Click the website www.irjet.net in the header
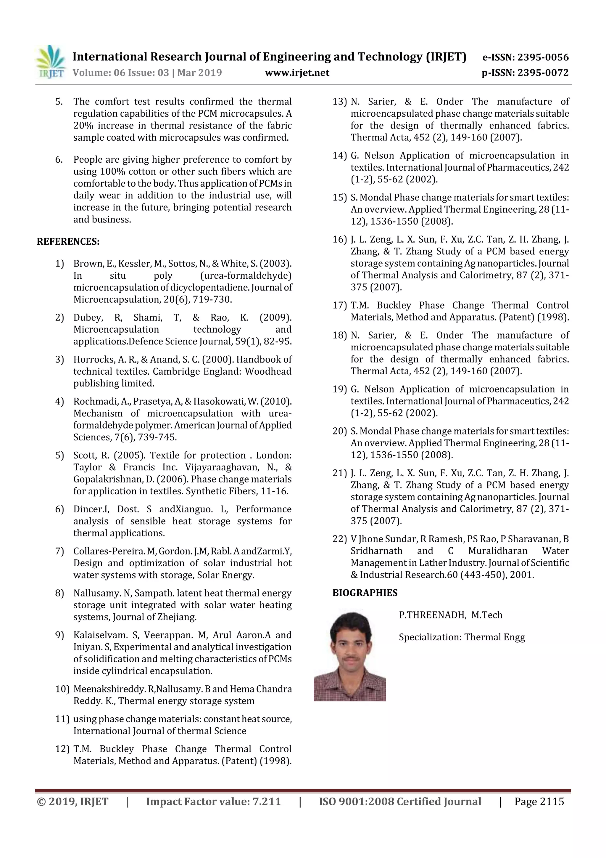coord(297,73)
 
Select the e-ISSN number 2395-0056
coord(543,57)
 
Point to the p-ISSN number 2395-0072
coord(544,73)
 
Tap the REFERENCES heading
coord(68,241)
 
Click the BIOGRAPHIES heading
coord(365,593)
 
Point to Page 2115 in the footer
coord(539,801)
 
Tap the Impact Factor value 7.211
coord(266,801)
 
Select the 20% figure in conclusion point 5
coord(83,126)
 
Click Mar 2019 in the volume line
coord(199,73)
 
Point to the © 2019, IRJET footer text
coord(72,801)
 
